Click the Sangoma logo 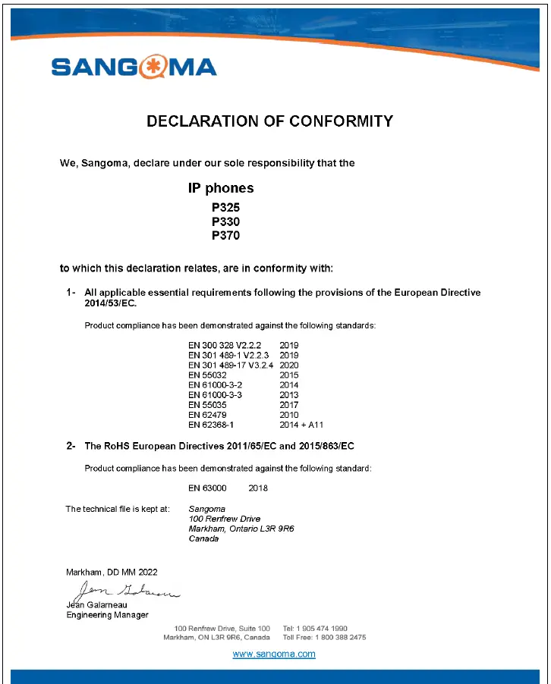coord(134,67)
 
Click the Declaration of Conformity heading coord(269,121)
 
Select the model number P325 coord(225,206)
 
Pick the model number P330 coord(225,221)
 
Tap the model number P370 coord(225,236)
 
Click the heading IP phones coord(221,187)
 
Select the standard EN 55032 coord(206,375)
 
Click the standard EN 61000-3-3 coord(215,395)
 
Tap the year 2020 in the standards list coord(289,365)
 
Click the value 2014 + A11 coord(301,425)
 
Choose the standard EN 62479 coord(206,416)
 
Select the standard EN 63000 coord(207,488)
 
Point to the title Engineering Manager coord(108,615)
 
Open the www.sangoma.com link coord(273,654)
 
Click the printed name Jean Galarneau coord(96,605)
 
